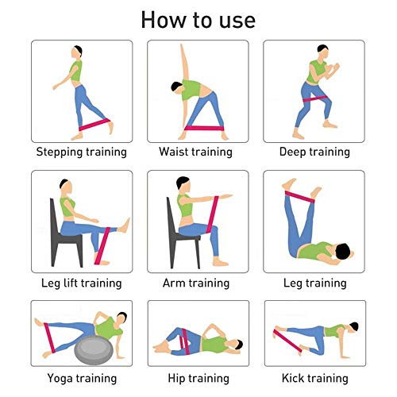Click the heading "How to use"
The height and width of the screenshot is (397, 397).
pos(198,20)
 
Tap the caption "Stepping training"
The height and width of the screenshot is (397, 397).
pos(82,152)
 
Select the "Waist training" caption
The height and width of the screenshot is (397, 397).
pos(195,152)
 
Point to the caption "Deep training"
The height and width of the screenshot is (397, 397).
pos(314,152)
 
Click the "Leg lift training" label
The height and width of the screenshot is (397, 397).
pos(82,283)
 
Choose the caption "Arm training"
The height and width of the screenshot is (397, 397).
pos(196,283)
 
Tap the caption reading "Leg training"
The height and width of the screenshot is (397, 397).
pos(315,283)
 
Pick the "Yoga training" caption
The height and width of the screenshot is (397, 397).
pos(82,378)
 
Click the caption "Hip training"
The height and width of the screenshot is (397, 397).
pos(198,378)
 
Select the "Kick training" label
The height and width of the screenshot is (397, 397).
pos(315,378)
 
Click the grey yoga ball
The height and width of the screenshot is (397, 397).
pos(94,350)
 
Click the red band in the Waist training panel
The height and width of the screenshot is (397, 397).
pos(204,129)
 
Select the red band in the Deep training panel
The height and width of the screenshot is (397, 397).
pos(315,99)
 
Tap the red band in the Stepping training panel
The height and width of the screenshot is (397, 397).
pos(94,125)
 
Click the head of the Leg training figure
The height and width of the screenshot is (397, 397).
pos(343,252)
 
